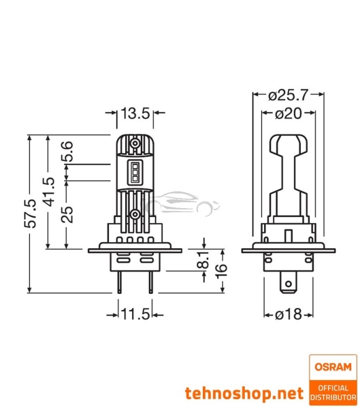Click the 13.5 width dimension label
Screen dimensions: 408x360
tap(135, 114)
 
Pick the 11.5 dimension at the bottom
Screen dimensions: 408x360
tap(136, 316)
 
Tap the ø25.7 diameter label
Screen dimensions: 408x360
tap(289, 94)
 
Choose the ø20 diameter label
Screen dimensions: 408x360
tap(289, 114)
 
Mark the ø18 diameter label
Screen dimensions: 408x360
tap(289, 316)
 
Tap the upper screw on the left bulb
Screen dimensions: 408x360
tap(135, 147)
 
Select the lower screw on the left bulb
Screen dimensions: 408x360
tap(135, 214)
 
